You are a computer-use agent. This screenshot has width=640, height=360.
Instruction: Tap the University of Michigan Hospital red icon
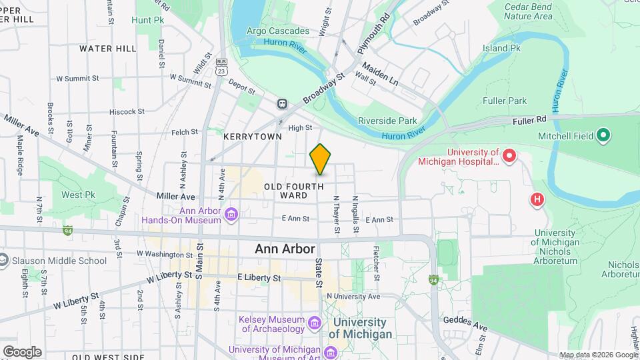point(510,157)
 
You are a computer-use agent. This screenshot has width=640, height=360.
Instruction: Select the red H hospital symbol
point(537,199)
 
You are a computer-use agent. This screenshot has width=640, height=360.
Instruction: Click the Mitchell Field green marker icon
point(604,136)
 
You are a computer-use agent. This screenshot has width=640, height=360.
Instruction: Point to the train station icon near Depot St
point(283,104)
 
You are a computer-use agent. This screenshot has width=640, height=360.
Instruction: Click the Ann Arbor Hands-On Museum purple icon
point(231,214)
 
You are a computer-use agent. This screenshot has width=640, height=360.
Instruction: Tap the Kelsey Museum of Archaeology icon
point(315,323)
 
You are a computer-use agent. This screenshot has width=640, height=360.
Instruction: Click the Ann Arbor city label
point(284,249)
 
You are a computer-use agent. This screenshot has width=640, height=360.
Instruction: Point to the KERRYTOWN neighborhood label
point(253,136)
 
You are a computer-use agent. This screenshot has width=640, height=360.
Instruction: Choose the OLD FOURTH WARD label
point(294,191)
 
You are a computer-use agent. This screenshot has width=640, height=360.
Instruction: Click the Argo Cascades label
point(278,31)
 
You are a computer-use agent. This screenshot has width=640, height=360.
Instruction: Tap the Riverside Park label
point(387,121)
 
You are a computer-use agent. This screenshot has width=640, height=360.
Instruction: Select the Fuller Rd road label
point(530,121)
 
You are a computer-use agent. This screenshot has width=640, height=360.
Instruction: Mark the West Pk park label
point(77,195)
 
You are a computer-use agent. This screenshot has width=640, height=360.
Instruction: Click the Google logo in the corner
point(22,351)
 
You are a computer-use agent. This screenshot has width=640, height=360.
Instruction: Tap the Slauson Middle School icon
point(3,261)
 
